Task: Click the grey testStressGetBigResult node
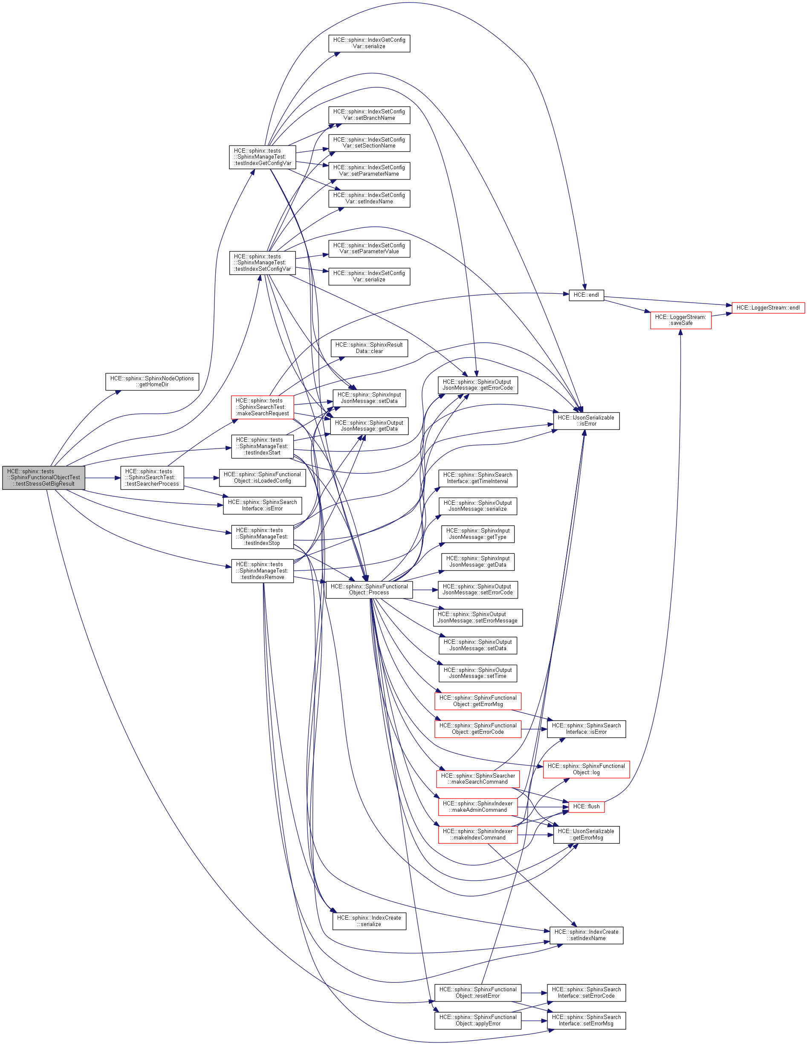[x=43, y=478]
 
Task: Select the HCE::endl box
[x=586, y=295]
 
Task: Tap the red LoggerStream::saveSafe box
[x=680, y=320]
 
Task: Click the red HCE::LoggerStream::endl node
[x=768, y=308]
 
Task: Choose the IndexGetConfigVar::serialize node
[x=369, y=43]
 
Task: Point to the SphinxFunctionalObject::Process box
[x=369, y=590]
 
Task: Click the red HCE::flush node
[x=586, y=807]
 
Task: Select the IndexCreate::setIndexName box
[x=586, y=935]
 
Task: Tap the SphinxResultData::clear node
[x=369, y=348]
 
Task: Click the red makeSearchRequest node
[x=262, y=407]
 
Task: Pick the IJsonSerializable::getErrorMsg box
[x=586, y=834]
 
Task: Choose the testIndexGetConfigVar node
[x=262, y=157]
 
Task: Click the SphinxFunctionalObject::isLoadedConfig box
[x=262, y=478]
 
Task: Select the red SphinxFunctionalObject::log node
[x=586, y=770]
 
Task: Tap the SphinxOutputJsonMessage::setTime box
[x=477, y=673]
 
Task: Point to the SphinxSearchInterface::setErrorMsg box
[x=586, y=1020]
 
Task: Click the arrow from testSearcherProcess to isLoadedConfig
[x=201, y=478]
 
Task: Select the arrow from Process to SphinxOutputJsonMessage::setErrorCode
[x=425, y=590]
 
